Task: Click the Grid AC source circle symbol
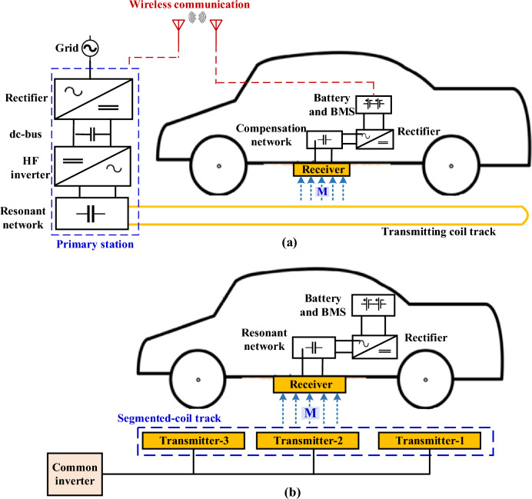tap(90, 48)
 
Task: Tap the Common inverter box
tap(75, 474)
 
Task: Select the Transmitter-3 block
tap(194, 441)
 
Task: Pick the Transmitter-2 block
tap(308, 441)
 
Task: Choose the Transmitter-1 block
tap(430, 441)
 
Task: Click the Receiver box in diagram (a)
tap(321, 170)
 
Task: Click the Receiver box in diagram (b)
tap(310, 384)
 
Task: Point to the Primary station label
tap(95, 245)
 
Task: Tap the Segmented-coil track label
tap(169, 418)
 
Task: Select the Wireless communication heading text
tap(189, 5)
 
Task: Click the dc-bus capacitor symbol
tap(92, 135)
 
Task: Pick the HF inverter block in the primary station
tap(92, 166)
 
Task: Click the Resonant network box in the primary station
tap(92, 214)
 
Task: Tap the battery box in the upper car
tap(374, 105)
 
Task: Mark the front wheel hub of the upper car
tap(219, 166)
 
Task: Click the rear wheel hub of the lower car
tap(425, 380)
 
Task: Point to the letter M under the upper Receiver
tap(322, 191)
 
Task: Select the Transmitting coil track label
tap(438, 231)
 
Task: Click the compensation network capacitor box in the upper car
tap(324, 140)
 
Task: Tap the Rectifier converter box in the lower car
tap(374, 347)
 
